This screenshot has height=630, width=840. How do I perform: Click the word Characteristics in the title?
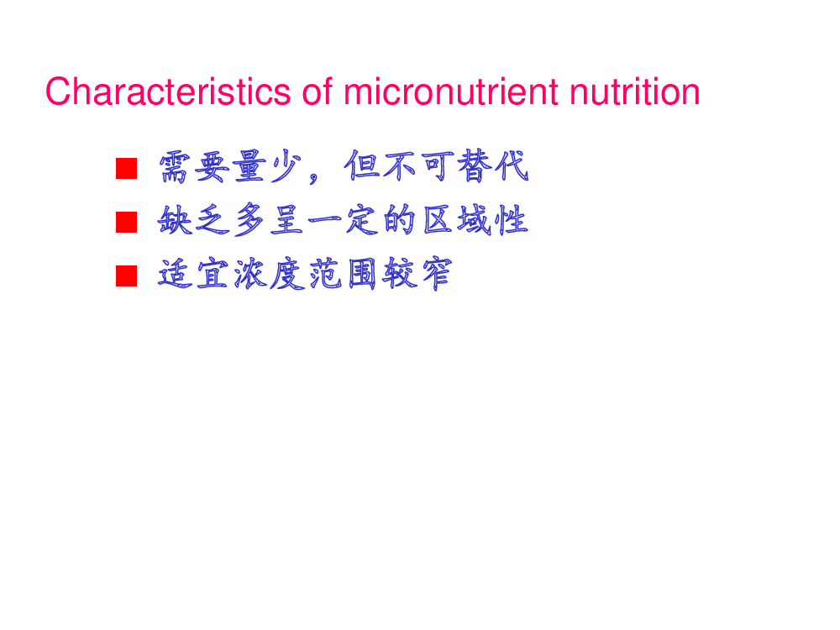168,92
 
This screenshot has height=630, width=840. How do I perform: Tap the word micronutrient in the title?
451,92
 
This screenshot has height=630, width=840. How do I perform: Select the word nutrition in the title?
635,92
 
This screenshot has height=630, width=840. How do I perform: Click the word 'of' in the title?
318,92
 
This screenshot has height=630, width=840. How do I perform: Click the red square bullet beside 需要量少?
127,168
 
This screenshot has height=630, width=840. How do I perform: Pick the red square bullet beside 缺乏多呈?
127,223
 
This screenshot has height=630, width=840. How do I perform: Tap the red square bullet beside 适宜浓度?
127,276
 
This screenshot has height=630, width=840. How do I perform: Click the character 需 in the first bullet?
175,167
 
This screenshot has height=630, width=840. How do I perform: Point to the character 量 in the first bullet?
249,167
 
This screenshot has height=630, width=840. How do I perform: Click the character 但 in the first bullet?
361,166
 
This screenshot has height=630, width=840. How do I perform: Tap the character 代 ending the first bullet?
512,166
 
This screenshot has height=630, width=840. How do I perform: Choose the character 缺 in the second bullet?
175,220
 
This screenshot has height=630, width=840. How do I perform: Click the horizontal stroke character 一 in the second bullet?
325,219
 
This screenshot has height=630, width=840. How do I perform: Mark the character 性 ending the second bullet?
512,220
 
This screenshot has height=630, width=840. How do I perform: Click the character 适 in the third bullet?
175,275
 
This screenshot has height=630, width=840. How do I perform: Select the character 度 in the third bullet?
287,275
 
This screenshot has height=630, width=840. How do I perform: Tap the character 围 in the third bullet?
362,275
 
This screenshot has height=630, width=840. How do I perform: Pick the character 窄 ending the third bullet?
437,275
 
